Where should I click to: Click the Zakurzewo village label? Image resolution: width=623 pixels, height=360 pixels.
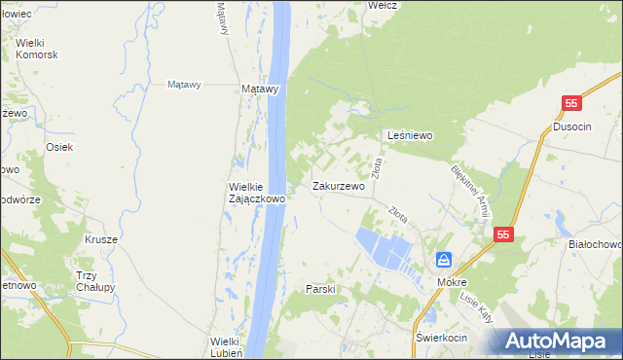338,186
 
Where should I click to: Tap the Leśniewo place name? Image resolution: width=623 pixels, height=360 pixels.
410,135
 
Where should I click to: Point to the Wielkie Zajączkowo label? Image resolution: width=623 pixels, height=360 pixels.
256,192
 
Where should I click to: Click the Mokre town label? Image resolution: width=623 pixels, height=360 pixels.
452,281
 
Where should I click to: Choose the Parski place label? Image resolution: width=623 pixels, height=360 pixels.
320,289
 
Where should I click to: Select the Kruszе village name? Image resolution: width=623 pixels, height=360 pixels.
101,239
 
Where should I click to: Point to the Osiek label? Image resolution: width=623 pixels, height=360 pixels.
59,147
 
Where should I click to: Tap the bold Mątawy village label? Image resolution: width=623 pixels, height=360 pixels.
260,89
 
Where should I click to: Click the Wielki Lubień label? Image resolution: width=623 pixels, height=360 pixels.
232,346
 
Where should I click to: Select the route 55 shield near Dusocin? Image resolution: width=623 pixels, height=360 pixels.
572,103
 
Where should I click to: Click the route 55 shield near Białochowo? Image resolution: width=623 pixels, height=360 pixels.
503,234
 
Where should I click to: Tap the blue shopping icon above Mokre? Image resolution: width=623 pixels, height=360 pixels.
444,260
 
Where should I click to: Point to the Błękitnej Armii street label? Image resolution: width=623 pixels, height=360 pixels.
470,192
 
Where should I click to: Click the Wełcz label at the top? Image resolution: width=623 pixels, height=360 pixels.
383,5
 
